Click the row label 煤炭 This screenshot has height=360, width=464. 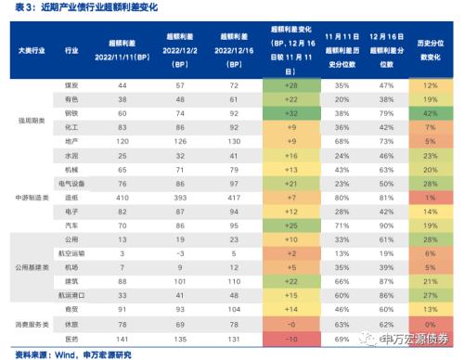[x=97, y=84]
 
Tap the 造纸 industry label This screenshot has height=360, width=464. [x=97, y=199]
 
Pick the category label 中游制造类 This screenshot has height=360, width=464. [x=33, y=199]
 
